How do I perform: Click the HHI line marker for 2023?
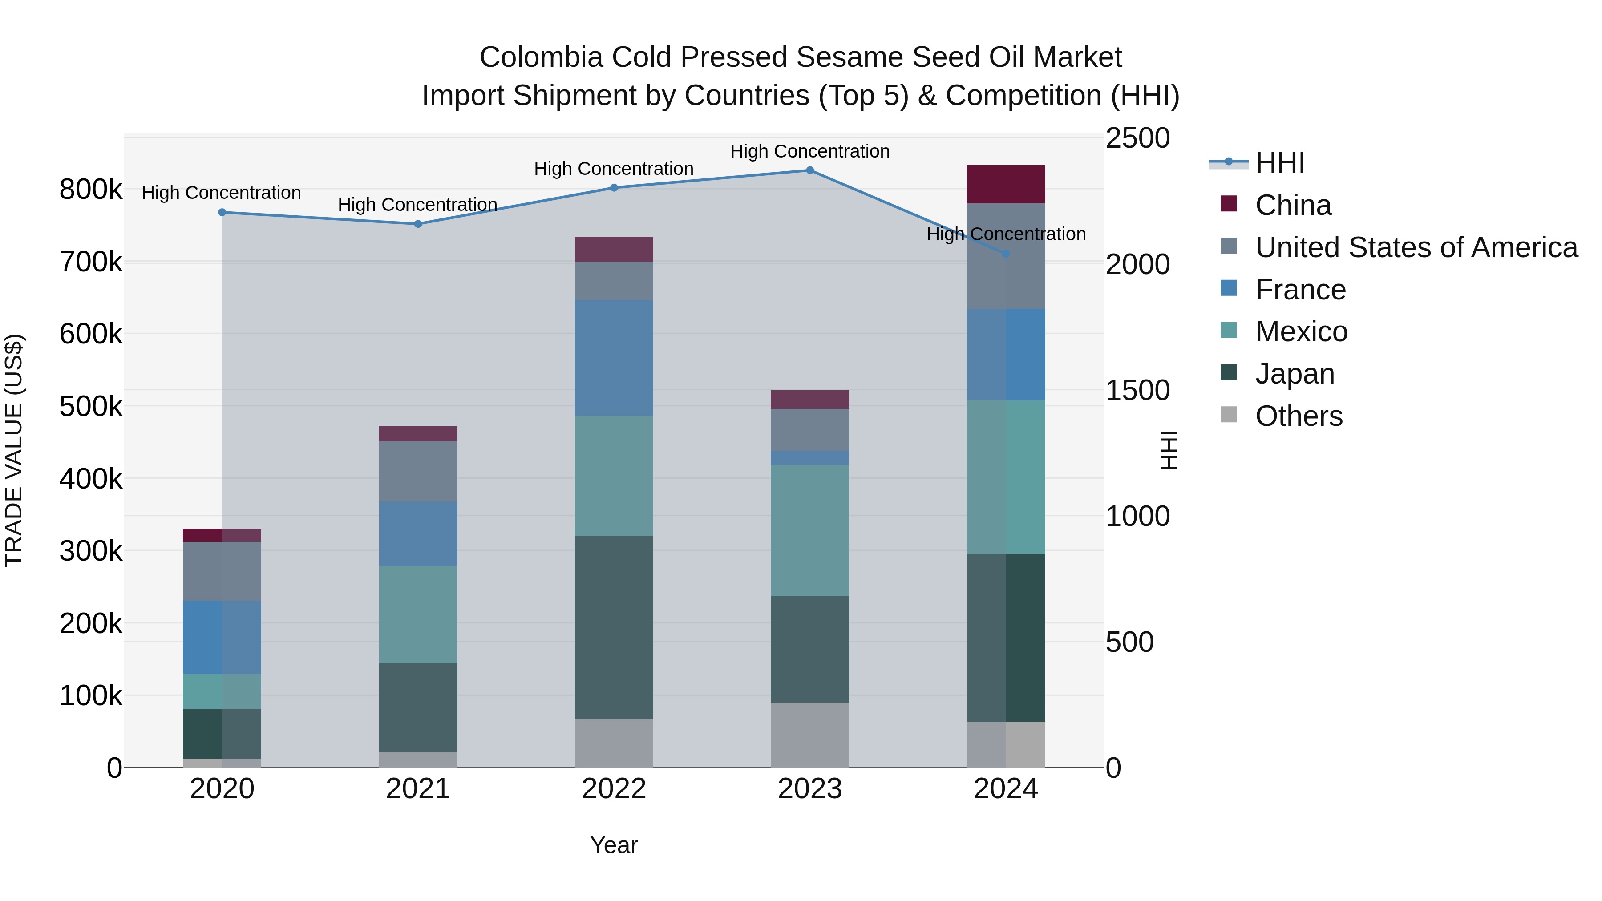810,170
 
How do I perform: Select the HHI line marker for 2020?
222,213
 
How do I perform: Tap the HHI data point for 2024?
1006,254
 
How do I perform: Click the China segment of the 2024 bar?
1006,185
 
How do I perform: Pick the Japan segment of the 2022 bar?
614,628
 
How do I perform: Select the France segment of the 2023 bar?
810,458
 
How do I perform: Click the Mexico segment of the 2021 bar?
418,614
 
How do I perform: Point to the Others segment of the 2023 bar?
810,735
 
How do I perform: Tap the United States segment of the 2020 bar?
222,571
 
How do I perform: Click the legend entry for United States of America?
1416,247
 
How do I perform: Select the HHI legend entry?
1279,163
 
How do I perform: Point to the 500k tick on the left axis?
91,407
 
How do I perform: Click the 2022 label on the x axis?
614,789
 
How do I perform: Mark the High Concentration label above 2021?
417,205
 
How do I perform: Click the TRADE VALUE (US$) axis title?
14,450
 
